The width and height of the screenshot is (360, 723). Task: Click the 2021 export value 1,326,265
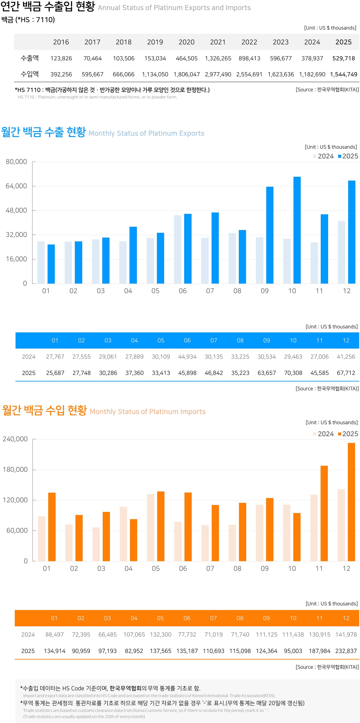point(218,58)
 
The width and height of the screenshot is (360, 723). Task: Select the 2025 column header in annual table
point(343,42)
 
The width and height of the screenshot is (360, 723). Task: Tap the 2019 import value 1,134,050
point(155,74)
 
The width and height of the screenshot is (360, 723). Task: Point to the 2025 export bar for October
point(297,230)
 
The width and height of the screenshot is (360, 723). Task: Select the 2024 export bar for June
point(178,249)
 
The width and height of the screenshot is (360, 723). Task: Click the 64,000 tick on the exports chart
point(16,186)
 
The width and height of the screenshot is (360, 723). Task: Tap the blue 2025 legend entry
point(348,156)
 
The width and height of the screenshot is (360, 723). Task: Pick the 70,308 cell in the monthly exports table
point(293,373)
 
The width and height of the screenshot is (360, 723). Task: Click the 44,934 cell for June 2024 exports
point(187,357)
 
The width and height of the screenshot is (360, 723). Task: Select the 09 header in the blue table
point(267,340)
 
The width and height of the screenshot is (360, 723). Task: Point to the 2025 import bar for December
point(351,502)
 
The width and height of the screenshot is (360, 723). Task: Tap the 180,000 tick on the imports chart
point(15,469)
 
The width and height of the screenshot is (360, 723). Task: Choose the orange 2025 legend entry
point(348,434)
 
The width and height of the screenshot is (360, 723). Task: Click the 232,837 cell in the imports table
point(346,651)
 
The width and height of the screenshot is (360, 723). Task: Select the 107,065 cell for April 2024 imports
point(134,634)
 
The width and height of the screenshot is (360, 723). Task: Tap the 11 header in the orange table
point(319,618)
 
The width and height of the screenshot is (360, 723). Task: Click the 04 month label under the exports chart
point(128,291)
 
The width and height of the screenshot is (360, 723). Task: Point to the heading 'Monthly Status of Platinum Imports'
point(148,412)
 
